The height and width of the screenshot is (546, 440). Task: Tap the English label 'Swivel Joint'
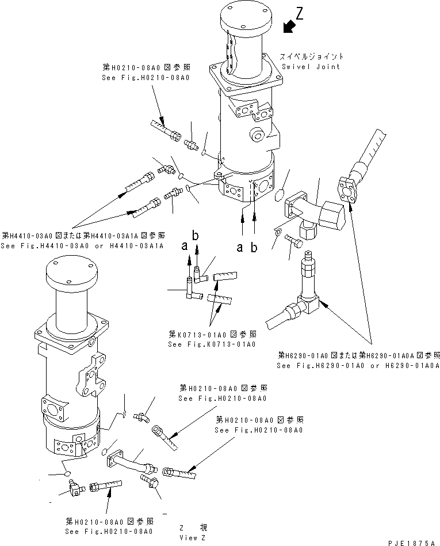point(310,66)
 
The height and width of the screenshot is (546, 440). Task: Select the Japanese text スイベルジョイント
point(311,56)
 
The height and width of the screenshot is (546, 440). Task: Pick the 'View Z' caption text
point(192,537)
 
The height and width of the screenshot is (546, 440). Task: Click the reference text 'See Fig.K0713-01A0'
point(212,344)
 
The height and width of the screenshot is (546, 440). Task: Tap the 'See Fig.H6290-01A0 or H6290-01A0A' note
point(358,365)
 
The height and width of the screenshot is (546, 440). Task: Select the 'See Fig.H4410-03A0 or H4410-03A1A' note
point(82,245)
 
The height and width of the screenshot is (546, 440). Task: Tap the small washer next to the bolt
point(277,233)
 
